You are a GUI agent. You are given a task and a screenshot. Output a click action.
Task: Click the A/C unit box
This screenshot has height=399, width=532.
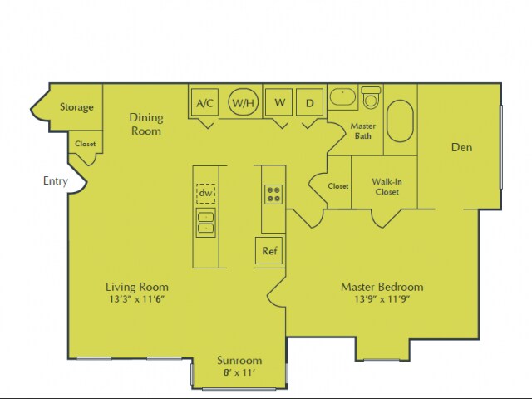tap(204, 103)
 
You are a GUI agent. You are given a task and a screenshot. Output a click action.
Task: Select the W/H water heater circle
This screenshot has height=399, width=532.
tap(243, 103)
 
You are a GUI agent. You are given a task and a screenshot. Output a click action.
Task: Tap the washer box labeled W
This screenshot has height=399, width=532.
tap(279, 103)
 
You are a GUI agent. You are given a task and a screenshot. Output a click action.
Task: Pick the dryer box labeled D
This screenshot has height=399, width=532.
tap(309, 103)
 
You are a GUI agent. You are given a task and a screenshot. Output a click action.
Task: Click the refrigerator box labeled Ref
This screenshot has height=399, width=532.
tap(268, 251)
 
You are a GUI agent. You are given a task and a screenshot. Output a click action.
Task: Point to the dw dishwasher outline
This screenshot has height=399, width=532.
tap(205, 193)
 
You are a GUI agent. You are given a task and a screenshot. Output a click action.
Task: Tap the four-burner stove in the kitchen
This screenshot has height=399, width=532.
tap(273, 195)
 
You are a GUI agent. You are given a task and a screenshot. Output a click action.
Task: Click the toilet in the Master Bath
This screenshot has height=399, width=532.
tap(371, 96)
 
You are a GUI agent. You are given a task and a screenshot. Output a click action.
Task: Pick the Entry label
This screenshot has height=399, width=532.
tap(55, 180)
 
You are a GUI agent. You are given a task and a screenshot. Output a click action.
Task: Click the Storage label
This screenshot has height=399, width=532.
tap(76, 107)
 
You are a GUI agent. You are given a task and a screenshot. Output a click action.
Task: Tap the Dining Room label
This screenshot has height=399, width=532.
tap(145, 124)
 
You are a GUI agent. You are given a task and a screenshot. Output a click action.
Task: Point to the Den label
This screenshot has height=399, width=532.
tap(461, 148)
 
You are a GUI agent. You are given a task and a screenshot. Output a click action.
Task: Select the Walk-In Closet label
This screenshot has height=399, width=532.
tap(385, 186)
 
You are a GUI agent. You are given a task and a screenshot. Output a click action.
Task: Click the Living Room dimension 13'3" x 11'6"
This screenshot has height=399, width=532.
tap(138, 298)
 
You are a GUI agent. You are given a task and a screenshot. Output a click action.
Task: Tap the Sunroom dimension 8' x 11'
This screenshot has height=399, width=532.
tap(239, 374)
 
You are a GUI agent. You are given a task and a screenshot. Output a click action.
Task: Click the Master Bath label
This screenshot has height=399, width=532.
tap(363, 131)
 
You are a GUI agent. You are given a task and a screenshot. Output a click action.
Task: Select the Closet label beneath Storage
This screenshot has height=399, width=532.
tap(85, 144)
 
